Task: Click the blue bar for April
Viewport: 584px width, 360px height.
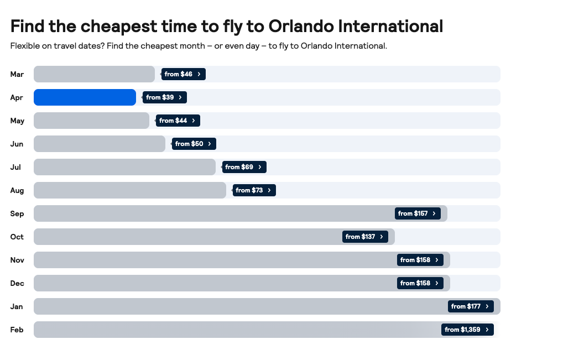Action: tap(85, 97)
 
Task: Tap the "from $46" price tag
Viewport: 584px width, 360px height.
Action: tap(184, 74)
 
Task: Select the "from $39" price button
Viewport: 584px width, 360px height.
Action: tap(165, 97)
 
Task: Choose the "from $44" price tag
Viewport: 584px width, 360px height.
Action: tap(178, 121)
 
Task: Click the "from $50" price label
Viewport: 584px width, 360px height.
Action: tap(194, 144)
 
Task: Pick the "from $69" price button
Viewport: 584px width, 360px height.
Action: tap(244, 167)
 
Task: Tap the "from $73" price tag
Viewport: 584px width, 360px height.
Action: tap(254, 190)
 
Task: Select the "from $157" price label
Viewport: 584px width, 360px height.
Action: tap(418, 213)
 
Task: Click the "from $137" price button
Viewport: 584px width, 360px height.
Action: tap(365, 237)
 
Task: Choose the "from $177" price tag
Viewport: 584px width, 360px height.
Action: tap(471, 306)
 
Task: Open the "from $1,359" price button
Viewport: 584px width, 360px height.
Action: tap(467, 330)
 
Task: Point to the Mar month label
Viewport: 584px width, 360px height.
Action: tap(17, 74)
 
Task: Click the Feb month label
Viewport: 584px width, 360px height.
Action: tap(17, 330)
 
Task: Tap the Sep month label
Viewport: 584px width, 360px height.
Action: tap(17, 213)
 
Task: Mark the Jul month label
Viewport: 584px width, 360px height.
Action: tap(15, 167)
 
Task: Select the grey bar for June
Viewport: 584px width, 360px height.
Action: tap(100, 144)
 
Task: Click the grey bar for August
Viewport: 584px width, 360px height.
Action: tap(130, 190)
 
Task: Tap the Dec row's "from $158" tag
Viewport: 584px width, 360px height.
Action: tap(420, 283)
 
